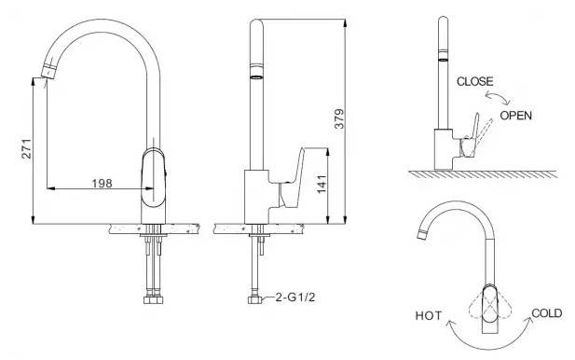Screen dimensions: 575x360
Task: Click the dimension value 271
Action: [27, 148]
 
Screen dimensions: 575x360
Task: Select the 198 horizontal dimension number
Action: [102, 183]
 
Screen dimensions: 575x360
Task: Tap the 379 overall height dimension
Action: [339, 118]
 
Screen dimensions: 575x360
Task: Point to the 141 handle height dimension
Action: [322, 185]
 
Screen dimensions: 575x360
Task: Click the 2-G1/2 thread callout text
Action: [295, 297]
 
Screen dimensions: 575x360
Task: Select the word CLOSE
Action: [475, 81]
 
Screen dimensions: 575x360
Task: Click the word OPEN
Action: [516, 116]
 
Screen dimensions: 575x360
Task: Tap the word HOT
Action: [429, 315]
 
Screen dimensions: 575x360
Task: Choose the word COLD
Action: [546, 313]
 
